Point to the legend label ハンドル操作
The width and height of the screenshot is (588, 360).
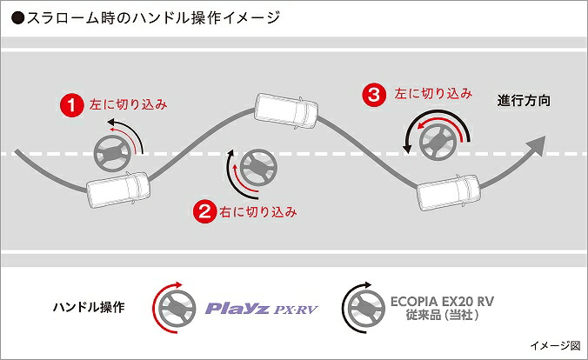tap(89, 307)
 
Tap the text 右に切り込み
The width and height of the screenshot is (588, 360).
tap(257, 210)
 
